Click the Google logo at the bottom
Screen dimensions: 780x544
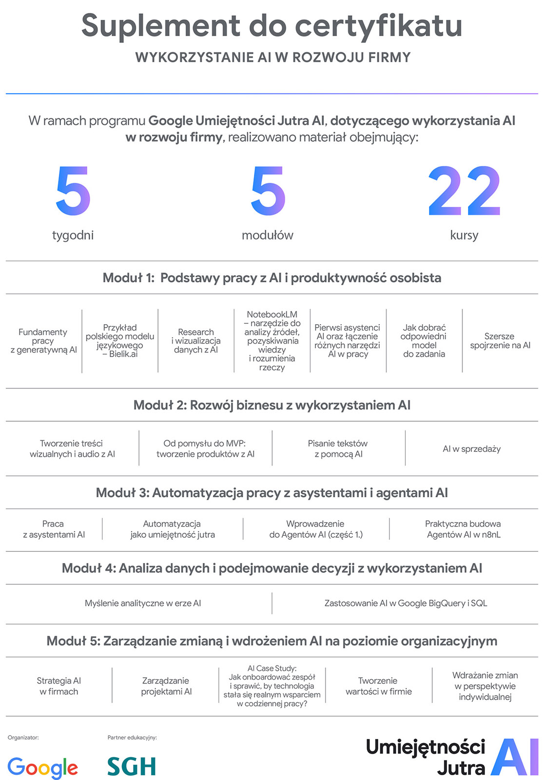click(43, 767)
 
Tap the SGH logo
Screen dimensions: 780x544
click(132, 766)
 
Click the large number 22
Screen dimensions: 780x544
click(464, 191)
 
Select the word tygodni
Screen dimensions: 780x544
click(73, 235)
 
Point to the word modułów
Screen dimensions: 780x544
click(268, 235)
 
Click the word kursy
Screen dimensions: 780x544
click(464, 235)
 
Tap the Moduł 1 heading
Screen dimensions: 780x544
click(272, 278)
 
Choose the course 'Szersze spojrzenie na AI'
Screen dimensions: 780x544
click(500, 341)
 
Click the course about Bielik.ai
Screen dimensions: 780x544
click(120, 341)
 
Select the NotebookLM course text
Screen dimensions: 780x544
click(272, 341)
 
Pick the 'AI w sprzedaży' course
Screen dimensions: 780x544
click(471, 449)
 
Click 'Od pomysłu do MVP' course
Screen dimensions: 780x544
click(205, 448)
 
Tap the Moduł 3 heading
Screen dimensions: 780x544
click(272, 493)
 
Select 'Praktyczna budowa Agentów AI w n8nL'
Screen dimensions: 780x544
click(463, 529)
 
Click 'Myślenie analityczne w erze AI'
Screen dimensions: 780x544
click(143, 604)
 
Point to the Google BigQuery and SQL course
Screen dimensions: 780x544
click(406, 604)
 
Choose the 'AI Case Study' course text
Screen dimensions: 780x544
click(272, 686)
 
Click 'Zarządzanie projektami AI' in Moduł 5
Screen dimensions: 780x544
click(166, 686)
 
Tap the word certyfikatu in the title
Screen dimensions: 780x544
click(378, 26)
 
